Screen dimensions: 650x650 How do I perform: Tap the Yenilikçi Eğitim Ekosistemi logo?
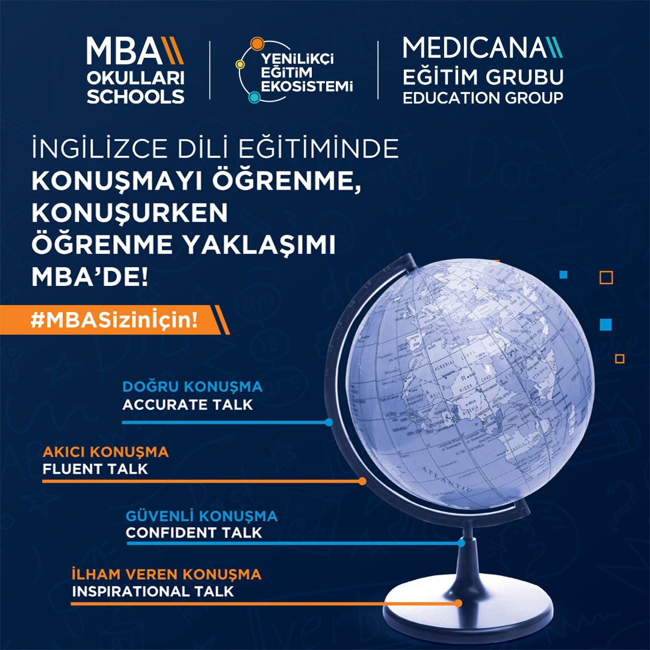coord(294,71)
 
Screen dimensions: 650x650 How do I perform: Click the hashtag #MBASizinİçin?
coord(114,320)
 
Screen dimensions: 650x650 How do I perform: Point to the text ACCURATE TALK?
coord(188,404)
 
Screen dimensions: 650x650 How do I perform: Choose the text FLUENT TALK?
coord(95,469)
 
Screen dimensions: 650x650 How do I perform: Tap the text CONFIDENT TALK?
coord(194,533)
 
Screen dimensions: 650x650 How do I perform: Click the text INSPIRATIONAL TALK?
coord(153,591)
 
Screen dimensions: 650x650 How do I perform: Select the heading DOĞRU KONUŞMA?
coord(193,386)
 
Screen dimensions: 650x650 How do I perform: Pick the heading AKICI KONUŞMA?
coord(106,451)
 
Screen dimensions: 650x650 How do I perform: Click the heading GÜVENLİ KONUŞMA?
coord(202,516)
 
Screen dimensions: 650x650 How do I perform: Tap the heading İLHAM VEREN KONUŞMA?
coord(167,574)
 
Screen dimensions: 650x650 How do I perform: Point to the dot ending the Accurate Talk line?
coord(329,422)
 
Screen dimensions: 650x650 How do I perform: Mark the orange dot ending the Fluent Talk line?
coord(362,481)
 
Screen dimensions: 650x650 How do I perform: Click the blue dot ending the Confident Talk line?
coord(461,543)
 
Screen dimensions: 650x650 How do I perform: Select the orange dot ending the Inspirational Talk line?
coord(458,602)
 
